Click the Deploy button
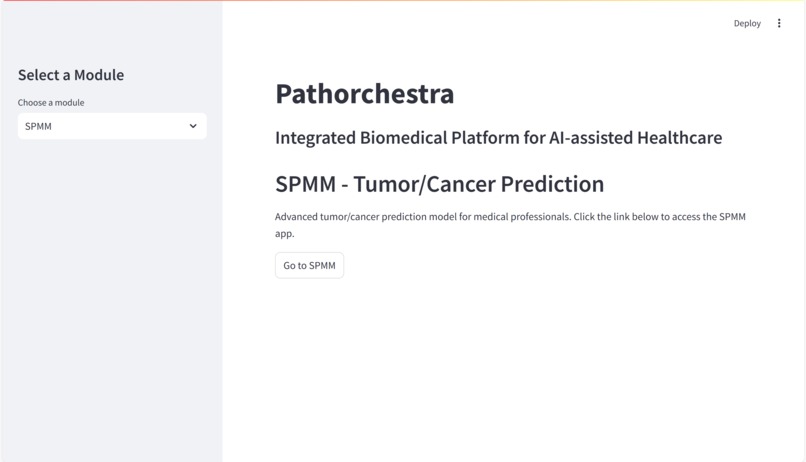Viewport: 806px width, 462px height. (x=747, y=23)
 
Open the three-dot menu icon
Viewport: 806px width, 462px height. (x=779, y=23)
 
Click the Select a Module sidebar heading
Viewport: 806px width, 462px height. (x=71, y=75)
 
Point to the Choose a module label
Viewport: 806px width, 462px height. (x=51, y=102)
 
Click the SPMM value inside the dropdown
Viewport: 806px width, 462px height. (x=38, y=126)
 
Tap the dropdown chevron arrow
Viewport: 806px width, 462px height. (x=193, y=126)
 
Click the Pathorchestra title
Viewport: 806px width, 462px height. (x=364, y=94)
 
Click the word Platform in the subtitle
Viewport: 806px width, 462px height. (x=485, y=138)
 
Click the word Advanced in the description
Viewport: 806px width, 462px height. (x=296, y=216)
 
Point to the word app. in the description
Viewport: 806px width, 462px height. (x=284, y=233)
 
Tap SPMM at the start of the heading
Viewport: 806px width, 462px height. (x=305, y=184)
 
